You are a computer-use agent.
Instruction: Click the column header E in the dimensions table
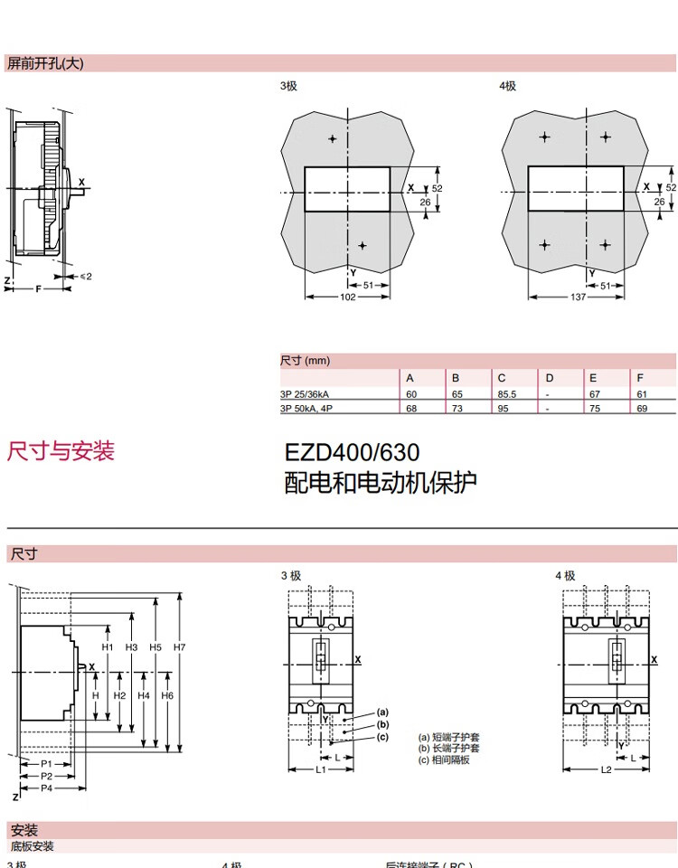[593, 378]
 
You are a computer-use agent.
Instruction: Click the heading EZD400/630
[352, 451]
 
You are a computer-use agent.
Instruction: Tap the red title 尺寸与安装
[61, 451]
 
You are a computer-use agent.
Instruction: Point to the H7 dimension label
[180, 647]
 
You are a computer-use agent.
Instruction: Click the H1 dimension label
[108, 647]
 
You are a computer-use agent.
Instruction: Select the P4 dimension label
[47, 788]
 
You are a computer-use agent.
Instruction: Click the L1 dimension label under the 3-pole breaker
[321, 769]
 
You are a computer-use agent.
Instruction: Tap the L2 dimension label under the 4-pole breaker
[606, 769]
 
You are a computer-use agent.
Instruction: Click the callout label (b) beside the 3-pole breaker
[382, 724]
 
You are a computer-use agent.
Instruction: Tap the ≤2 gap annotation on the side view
[86, 276]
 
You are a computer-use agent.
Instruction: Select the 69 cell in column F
[641, 409]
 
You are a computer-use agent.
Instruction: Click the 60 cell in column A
[410, 394]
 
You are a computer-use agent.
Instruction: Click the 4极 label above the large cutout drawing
[507, 86]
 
